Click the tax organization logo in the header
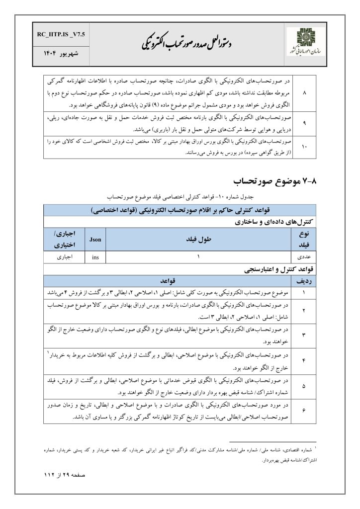point(306,43)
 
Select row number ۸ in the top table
point(305,92)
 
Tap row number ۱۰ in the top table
point(305,148)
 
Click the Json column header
point(95,239)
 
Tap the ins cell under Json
point(95,257)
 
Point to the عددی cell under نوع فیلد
point(304,257)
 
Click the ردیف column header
point(304,280)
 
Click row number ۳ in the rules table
point(304,335)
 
